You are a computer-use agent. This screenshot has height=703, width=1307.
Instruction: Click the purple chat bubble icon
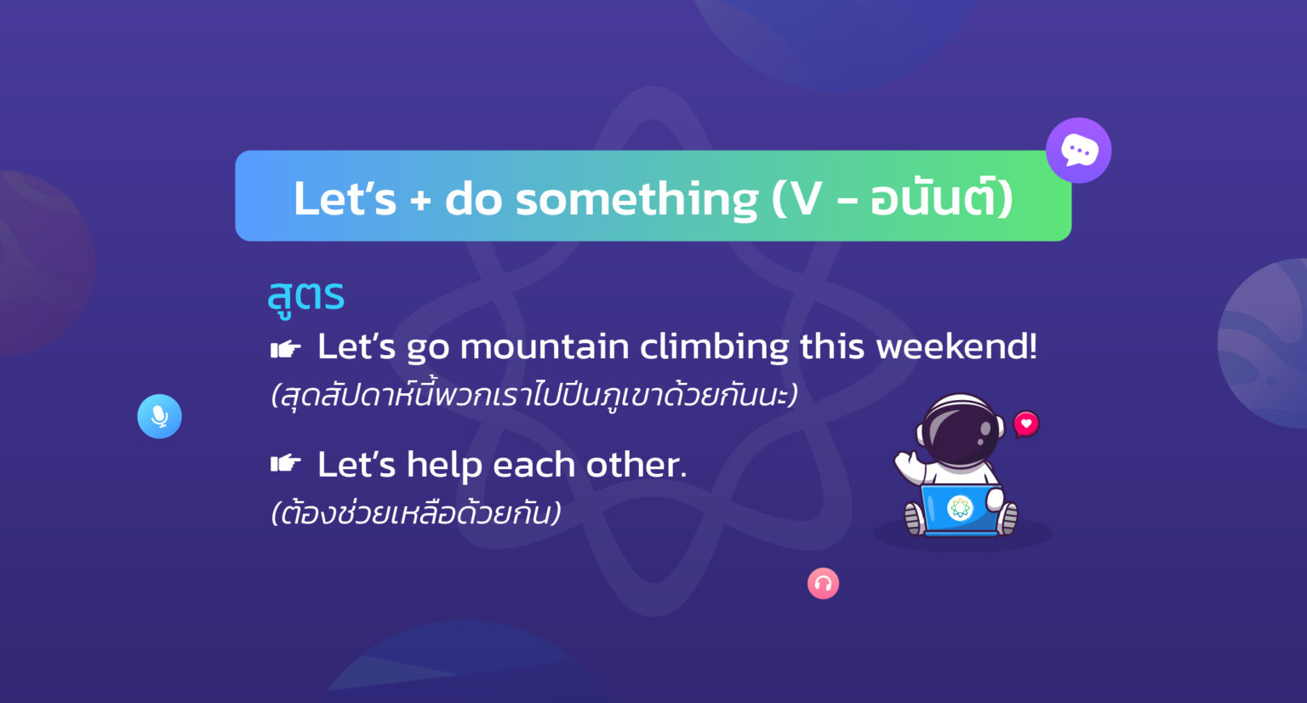point(1078,151)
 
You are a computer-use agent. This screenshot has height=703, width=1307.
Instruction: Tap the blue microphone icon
point(159,416)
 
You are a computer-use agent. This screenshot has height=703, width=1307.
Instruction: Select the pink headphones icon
point(823,583)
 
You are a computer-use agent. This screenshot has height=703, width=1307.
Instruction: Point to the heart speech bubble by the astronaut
point(1026,424)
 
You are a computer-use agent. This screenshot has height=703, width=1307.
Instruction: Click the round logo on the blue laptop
point(960,508)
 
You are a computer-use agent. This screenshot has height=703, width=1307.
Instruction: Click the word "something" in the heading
point(636,199)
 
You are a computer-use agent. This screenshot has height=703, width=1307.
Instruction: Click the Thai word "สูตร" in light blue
point(305,296)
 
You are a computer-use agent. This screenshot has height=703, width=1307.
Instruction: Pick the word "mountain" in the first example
point(545,347)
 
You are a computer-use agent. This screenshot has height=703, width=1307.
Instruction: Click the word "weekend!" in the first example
point(956,347)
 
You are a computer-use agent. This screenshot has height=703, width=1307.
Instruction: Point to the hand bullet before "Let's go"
point(285,348)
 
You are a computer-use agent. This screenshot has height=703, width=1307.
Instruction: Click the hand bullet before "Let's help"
point(285,464)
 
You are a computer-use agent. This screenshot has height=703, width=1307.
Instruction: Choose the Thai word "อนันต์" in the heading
point(933,199)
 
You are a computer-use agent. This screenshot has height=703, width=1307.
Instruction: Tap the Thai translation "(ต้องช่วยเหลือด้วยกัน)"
point(416,513)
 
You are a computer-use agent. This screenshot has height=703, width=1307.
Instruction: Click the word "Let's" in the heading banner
point(345,199)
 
